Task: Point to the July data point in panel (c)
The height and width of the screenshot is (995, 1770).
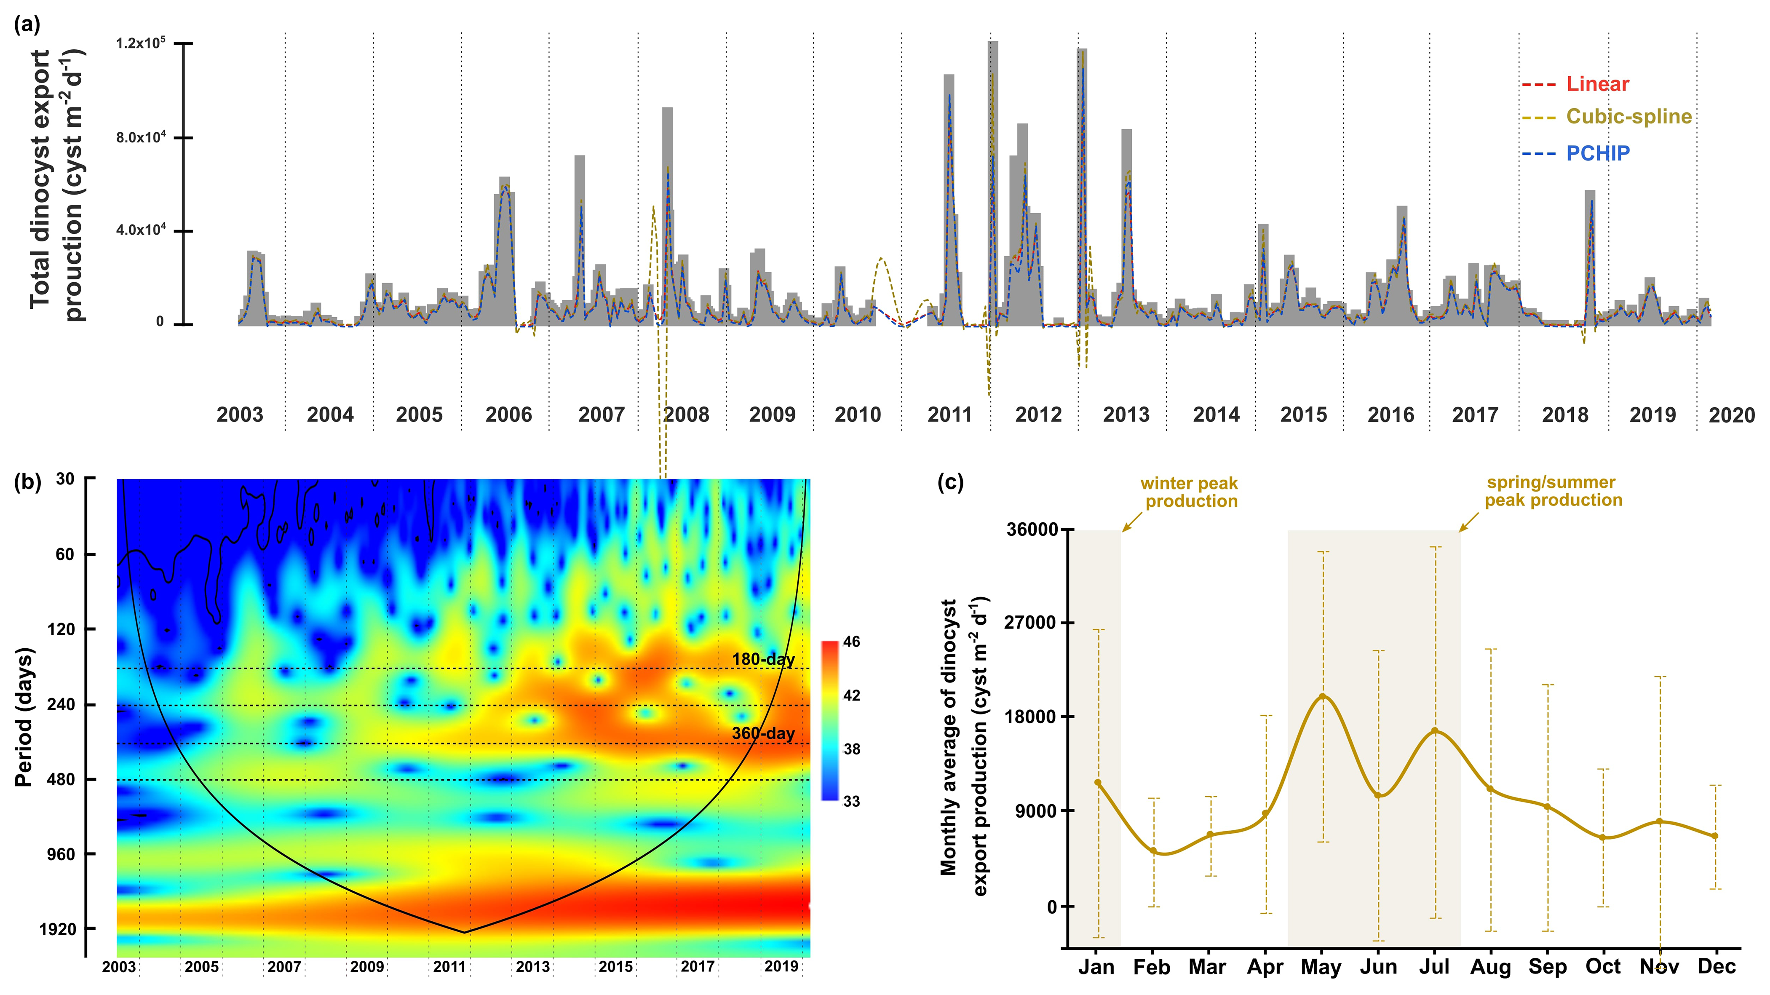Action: [1435, 730]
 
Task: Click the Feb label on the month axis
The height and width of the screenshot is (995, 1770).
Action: [1152, 968]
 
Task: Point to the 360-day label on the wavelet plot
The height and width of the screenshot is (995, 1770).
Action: [763, 733]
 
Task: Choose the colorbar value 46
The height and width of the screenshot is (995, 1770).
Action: [851, 642]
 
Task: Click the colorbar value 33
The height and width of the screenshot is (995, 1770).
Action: [851, 801]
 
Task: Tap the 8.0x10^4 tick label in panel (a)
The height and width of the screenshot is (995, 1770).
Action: [141, 137]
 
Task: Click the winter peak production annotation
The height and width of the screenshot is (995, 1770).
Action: [1190, 492]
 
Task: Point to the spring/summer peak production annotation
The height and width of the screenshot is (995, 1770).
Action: [1553, 491]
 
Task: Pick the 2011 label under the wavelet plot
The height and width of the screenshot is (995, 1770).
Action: [450, 967]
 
